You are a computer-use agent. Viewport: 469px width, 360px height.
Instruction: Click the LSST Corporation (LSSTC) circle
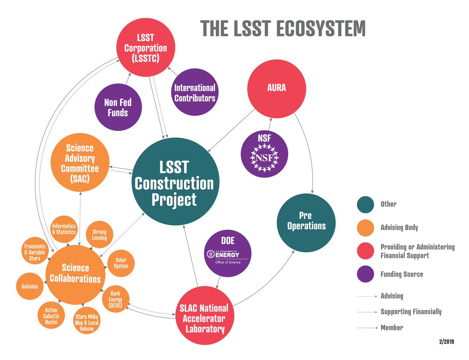[x=146, y=48]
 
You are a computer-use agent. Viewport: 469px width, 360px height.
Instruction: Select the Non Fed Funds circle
[x=118, y=107]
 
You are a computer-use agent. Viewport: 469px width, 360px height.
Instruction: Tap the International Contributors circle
[x=195, y=92]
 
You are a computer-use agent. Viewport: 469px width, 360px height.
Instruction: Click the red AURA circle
[x=276, y=89]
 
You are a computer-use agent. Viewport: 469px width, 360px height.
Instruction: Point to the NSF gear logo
[x=264, y=158]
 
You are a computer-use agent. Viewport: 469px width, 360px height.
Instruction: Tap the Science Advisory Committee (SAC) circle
[x=80, y=162]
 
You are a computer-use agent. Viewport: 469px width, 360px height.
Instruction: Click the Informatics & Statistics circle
[x=64, y=229]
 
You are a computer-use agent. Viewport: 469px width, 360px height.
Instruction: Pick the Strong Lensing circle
[x=99, y=234]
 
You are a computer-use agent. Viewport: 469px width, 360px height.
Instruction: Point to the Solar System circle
[x=121, y=263]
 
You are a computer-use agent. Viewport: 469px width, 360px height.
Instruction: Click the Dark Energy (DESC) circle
[x=116, y=300]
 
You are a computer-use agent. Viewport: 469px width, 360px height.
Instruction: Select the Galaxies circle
[x=30, y=286]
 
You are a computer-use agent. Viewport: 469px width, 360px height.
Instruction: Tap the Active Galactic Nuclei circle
[x=51, y=316]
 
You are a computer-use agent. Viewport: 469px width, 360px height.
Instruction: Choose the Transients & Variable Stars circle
[x=35, y=252]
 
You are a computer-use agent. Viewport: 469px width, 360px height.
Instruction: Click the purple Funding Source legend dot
[x=365, y=274]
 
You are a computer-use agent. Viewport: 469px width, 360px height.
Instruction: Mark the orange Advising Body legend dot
[x=365, y=228]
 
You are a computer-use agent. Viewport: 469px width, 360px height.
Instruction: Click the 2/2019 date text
[x=446, y=342]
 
